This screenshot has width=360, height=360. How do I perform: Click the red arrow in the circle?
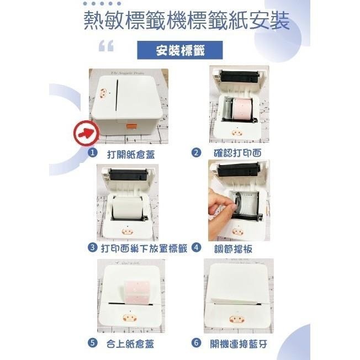coord(86,133)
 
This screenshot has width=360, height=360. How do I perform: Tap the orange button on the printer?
coord(131,126)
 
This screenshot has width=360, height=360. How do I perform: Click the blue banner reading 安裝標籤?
coord(180,50)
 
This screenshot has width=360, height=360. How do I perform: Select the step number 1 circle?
coord(93,153)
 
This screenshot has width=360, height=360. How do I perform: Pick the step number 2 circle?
coord(196,153)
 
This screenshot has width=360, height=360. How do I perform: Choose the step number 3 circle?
coord(93,247)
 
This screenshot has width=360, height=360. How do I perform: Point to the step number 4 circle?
coord(196,247)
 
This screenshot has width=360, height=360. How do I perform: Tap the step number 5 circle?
coord(93,343)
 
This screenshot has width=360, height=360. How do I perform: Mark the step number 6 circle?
coord(196,343)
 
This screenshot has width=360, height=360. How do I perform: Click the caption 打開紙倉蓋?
coord(131,154)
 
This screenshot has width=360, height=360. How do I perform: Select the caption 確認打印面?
coord(237,153)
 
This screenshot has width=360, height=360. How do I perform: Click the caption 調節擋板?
coord(233,248)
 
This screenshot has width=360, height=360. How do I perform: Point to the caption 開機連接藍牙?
coord(239,343)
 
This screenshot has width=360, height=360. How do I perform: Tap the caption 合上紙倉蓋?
coord(130,343)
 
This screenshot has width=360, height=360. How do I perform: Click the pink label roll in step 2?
coord(242,108)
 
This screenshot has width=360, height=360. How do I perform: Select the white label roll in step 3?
coord(127,208)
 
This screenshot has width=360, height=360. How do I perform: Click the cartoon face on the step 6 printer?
coord(237,319)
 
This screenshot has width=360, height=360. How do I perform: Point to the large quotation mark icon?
coord(106,45)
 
